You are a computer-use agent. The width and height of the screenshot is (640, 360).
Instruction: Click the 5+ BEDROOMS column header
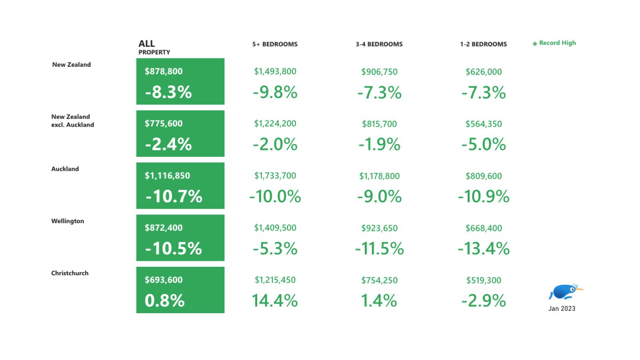pos(275,44)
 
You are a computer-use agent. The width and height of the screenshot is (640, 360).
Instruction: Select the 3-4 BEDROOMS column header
pos(379,44)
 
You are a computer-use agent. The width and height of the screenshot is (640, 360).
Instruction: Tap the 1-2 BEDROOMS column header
pos(483,44)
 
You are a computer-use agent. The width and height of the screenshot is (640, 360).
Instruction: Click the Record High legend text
pos(557,43)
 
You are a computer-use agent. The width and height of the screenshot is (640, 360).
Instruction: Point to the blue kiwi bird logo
pos(565,292)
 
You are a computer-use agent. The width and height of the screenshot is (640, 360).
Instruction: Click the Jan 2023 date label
pos(562,308)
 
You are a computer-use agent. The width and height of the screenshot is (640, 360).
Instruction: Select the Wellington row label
pos(68,221)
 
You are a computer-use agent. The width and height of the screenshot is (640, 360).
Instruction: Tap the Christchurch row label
pos(70,273)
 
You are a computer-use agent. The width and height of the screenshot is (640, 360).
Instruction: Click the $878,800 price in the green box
pos(164,71)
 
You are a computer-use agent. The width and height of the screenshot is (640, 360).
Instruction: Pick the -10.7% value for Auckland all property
pos(174,196)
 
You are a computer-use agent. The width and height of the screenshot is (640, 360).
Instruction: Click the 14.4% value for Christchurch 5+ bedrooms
pos(275,301)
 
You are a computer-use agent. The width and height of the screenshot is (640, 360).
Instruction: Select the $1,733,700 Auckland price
pos(275,176)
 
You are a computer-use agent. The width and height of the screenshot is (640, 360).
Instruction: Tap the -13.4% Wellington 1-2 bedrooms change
pos(484,248)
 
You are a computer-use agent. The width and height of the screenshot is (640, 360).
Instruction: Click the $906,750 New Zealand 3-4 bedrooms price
pos(379,72)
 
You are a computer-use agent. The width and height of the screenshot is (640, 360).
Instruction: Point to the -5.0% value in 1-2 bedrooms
pos(484,144)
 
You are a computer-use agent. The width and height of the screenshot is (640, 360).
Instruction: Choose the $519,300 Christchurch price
pos(484,280)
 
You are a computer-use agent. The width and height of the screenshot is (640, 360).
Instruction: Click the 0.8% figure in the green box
pos(164,301)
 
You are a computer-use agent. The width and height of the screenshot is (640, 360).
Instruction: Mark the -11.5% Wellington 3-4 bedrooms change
pos(379,248)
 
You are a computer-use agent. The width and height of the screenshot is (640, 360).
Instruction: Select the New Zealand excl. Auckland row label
pos(72,120)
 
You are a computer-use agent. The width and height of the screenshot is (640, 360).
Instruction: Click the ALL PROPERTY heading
pos(154,47)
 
